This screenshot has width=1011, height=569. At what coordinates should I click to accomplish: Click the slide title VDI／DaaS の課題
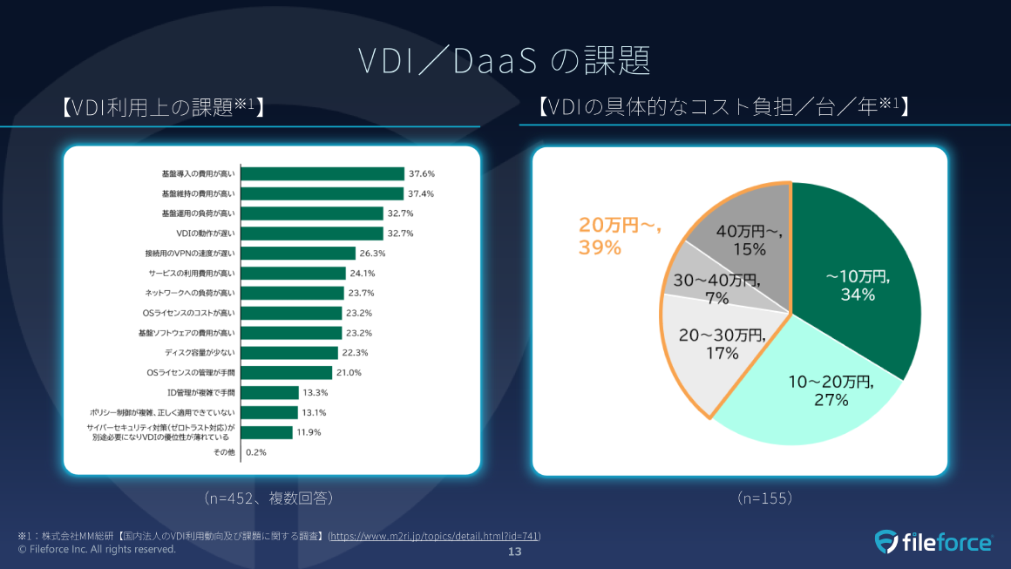tap(505, 61)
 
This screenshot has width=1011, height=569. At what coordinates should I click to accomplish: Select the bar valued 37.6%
tap(322, 173)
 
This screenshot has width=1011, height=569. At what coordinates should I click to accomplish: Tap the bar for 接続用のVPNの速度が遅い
tap(297, 254)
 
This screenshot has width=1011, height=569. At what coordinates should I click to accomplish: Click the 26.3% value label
tap(372, 254)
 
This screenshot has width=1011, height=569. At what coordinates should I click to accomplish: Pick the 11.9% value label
tap(309, 433)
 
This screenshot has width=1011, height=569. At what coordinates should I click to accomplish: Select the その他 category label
tap(225, 453)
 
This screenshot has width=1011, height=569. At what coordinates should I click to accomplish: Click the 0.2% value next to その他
tap(256, 453)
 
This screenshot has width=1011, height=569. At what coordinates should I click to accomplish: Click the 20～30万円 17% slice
tap(706, 349)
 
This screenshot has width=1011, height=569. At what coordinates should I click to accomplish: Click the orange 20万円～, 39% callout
tap(621, 235)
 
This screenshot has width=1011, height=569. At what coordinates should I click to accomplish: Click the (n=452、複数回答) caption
tap(269, 498)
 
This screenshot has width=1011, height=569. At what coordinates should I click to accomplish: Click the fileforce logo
tap(933, 542)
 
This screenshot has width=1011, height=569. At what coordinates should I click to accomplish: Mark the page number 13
tap(514, 553)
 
